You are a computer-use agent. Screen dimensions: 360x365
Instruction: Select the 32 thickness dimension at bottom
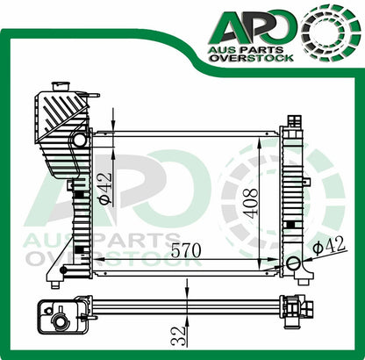coord(178,335)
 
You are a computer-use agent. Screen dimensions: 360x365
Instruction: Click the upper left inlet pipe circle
coord(80,140)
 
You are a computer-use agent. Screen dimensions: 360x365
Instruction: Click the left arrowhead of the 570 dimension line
coord(97,261)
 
